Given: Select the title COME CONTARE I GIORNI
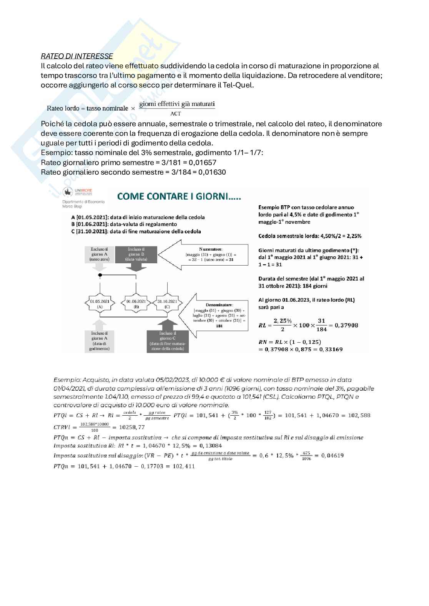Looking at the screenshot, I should click(179, 196).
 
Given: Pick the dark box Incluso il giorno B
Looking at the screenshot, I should click(136, 254).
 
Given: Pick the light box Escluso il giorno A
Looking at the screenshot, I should click(100, 254).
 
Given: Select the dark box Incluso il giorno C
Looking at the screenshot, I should click(168, 341).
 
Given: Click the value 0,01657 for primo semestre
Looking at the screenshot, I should click(203, 162).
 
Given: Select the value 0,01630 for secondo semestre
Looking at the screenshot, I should click(212, 172).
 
